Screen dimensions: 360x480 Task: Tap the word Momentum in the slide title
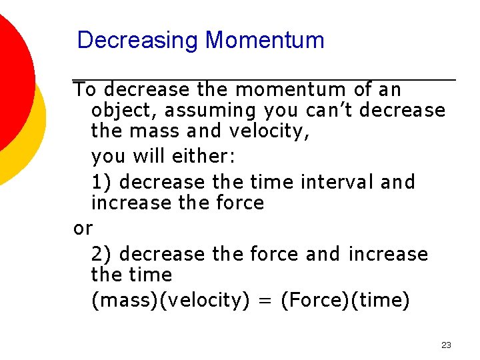pyautogui.click(x=265, y=41)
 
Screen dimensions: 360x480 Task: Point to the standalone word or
pyautogui.click(x=83, y=229)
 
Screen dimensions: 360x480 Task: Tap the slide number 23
pyautogui.click(x=446, y=345)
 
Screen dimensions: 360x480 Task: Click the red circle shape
pyautogui.click(x=10, y=73)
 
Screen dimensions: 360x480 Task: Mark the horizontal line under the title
pyautogui.click(x=265, y=80)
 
